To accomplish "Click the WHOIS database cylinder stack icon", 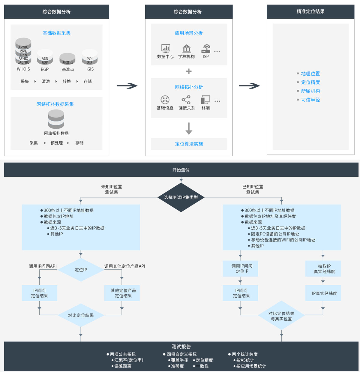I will coord(23,51).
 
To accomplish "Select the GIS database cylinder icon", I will coord(90,57).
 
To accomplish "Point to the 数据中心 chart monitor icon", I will coord(166,48).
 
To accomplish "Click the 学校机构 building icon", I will coord(187,48).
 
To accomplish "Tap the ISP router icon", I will coord(206,49).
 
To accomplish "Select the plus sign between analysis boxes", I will coord(189,71).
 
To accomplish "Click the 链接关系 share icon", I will coord(186,100).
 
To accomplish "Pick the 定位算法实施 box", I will coord(189,144).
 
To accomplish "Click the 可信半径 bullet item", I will coord(310,100).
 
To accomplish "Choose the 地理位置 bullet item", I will coord(310,73).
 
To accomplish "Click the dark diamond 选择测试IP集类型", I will coord(181,197).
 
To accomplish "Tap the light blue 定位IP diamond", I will coord(81,270).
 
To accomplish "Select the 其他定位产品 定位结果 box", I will coord(122,293).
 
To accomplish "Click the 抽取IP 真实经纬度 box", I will coord(323,268).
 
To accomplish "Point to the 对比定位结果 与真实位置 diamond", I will coord(281,316).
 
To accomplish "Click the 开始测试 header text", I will coord(181,170).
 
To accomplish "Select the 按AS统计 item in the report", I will coord(245,360).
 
